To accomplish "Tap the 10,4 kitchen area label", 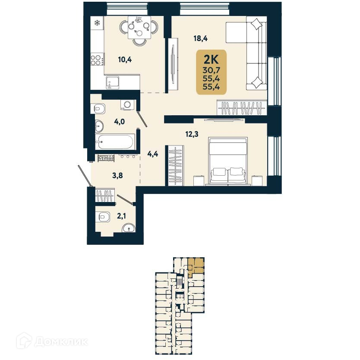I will coord(124,60).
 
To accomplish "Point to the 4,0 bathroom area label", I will coord(120,121).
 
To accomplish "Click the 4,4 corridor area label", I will coord(153,154).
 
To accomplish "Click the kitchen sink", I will coord(113,82).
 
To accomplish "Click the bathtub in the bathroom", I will coord(115,141).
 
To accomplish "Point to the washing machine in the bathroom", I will coord(128,104).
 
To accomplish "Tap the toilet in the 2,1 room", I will coord(103,216).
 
